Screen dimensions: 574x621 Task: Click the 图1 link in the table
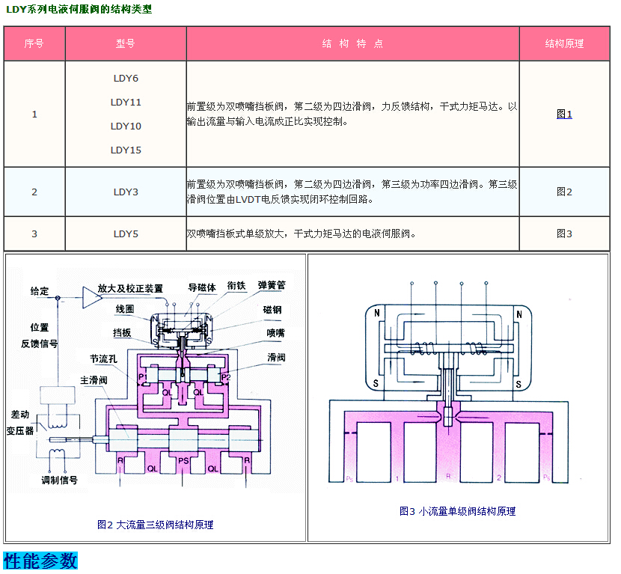click(564, 115)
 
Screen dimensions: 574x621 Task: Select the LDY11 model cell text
click(126, 102)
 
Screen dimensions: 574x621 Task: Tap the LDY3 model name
click(126, 192)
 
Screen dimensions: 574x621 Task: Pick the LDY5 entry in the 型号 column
click(126, 233)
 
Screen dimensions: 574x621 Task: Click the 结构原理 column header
click(564, 43)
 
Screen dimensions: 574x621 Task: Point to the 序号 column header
click(34, 43)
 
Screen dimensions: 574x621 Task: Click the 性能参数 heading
click(40, 561)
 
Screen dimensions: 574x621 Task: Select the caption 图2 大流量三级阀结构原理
click(155, 525)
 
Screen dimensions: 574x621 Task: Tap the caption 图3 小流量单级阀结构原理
click(457, 511)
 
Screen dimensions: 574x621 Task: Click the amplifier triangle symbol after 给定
click(91, 297)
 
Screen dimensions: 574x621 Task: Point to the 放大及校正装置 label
click(130, 288)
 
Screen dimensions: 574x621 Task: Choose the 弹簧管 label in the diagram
click(272, 285)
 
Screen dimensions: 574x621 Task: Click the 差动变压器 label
click(21, 423)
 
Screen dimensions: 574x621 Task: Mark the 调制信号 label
click(59, 480)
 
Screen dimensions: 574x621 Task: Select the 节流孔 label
click(103, 358)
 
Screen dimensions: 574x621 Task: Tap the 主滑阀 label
click(94, 380)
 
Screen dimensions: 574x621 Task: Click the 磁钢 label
click(273, 308)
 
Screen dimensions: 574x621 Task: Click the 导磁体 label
click(202, 287)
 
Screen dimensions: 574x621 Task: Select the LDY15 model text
click(126, 150)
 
